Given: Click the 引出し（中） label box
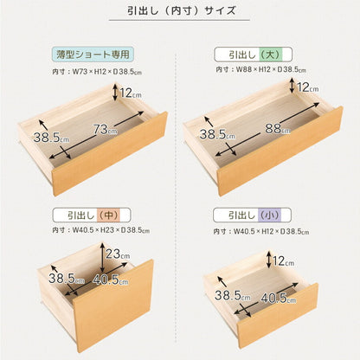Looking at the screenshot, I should [x=82, y=215].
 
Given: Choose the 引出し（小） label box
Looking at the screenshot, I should [x=248, y=215].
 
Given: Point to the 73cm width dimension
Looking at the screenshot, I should [x=105, y=130].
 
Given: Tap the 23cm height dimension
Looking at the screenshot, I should [x=119, y=254].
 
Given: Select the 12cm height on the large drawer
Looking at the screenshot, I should [x=306, y=87].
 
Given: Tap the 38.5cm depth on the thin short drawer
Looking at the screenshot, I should [x=47, y=137].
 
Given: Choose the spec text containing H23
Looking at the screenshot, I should [x=95, y=231].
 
